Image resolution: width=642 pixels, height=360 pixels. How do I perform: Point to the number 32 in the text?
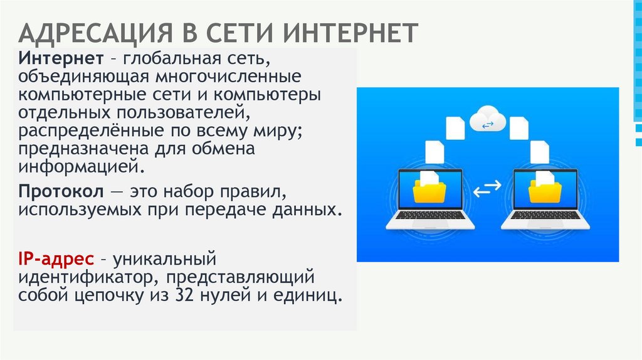coord(188,295)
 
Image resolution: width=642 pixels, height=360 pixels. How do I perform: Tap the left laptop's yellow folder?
coord(429,191)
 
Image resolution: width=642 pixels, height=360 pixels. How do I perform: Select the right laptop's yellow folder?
coord(545,191)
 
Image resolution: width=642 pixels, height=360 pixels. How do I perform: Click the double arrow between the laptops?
coord(487,189)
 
